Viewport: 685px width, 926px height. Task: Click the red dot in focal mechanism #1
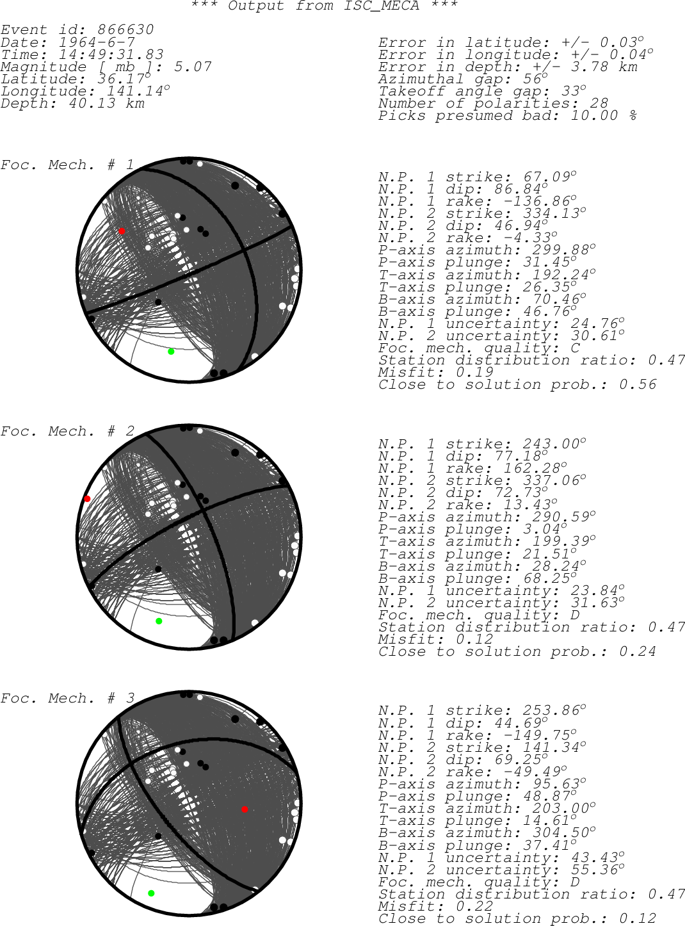pyautogui.click(x=122, y=231)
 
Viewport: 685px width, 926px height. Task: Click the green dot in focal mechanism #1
pyautogui.click(x=171, y=352)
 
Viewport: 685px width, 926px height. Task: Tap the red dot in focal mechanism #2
pyautogui.click(x=87, y=499)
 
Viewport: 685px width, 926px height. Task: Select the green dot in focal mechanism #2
pyautogui.click(x=159, y=621)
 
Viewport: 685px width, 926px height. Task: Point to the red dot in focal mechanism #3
pyautogui.click(x=245, y=809)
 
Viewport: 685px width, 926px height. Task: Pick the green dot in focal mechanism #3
pyautogui.click(x=151, y=893)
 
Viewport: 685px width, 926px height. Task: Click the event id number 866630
pyautogui.click(x=125, y=29)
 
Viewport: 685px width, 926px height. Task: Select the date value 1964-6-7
pyautogui.click(x=97, y=42)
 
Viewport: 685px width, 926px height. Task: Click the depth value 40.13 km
pyautogui.click(x=107, y=103)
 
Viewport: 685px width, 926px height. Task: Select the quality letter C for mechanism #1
pyautogui.click(x=576, y=348)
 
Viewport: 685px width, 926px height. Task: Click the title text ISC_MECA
pyautogui.click(x=382, y=6)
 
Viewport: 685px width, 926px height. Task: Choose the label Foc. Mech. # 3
pyautogui.click(x=67, y=698)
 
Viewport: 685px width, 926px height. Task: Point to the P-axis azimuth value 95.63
pyautogui.click(x=556, y=784)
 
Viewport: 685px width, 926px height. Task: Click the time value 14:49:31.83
pyautogui.click(x=111, y=54)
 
